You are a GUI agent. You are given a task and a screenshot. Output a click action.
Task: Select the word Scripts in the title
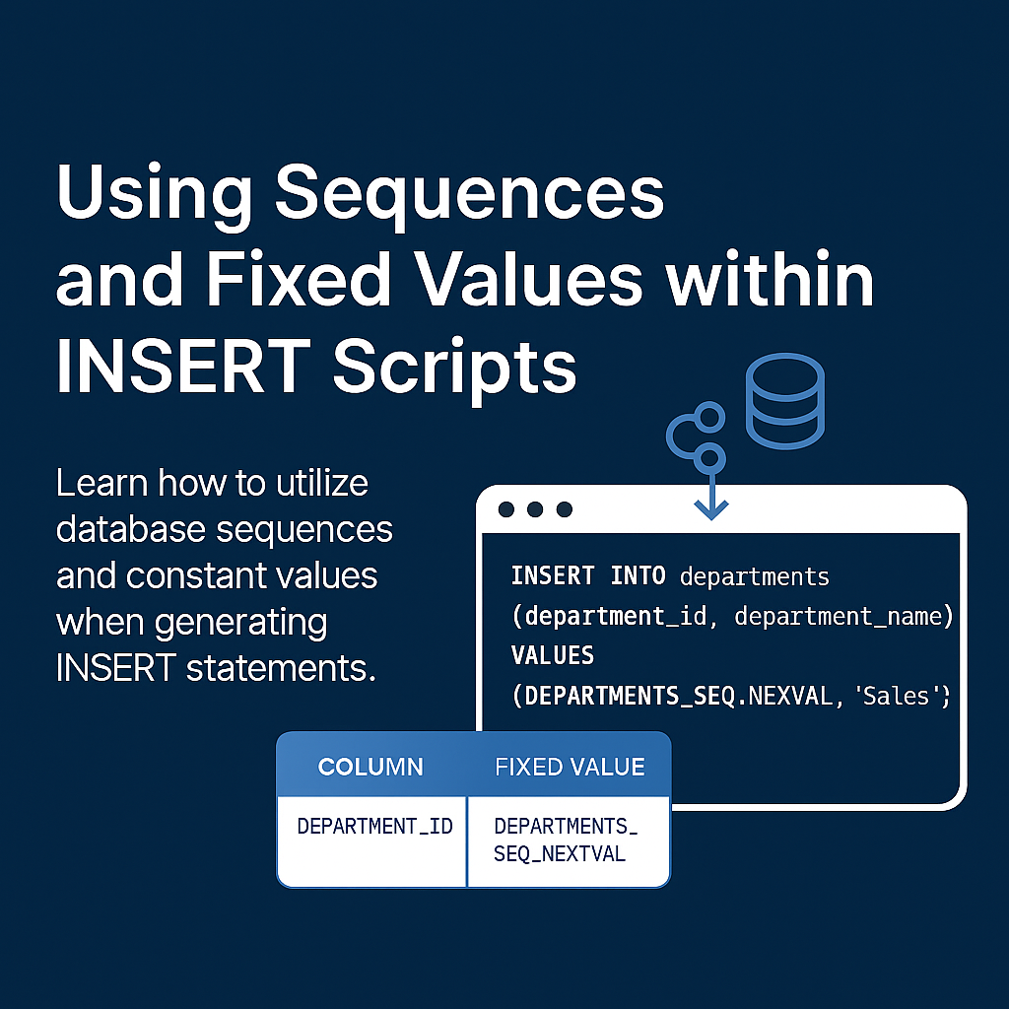454,371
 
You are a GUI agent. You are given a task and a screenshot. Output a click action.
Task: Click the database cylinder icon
785,400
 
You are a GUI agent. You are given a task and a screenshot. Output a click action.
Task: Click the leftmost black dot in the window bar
506,509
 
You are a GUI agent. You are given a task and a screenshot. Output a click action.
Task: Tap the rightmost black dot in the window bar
565,509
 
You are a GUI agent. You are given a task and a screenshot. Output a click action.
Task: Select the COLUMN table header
370,767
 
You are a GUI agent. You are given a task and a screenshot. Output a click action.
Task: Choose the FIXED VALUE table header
570,767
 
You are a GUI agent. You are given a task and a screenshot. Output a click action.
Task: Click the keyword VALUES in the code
552,655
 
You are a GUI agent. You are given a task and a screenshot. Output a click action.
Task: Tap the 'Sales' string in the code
897,696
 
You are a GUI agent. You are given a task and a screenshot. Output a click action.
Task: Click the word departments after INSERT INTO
754,577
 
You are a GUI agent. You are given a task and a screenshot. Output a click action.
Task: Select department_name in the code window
838,617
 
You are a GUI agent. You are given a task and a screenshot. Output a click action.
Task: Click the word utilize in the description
322,483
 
